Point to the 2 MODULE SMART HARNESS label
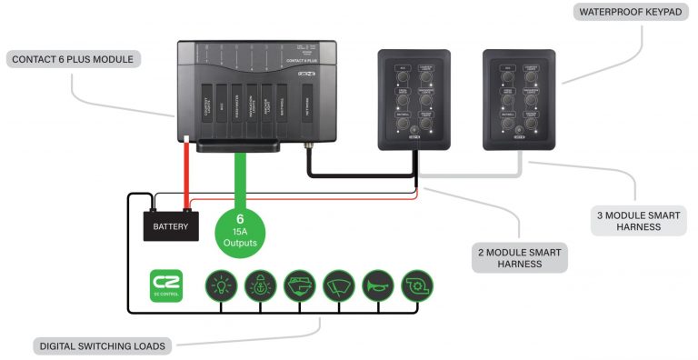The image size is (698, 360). click(521, 257)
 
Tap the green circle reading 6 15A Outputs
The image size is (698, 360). click(241, 231)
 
